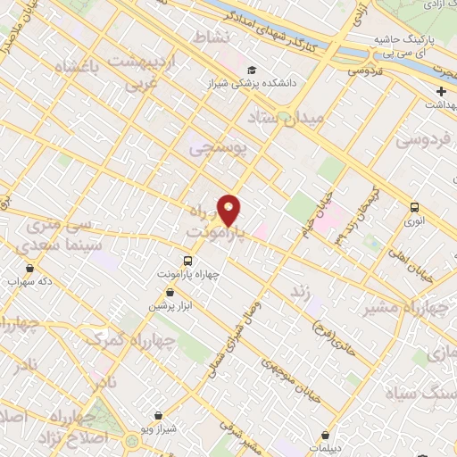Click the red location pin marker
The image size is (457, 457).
coord(229,210)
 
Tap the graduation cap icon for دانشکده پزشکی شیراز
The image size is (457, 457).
coord(252,70)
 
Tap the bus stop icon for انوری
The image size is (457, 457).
coord(414,207)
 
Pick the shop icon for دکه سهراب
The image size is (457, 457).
coord(30,267)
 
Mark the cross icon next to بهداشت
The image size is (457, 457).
coord(441,92)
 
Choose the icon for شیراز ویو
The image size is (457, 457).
coord(158,415)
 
